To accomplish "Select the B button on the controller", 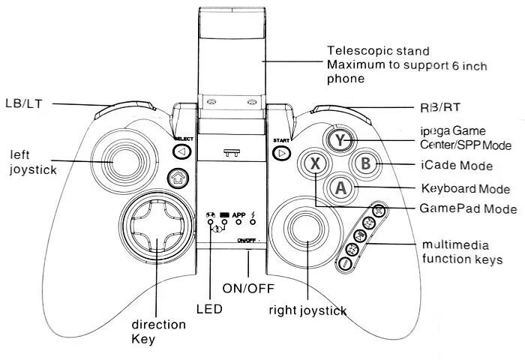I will [365, 163].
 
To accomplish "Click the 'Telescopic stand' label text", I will [377, 52].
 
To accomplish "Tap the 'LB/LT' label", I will [23, 103].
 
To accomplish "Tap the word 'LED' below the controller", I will [207, 307].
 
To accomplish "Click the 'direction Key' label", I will [157, 331].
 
